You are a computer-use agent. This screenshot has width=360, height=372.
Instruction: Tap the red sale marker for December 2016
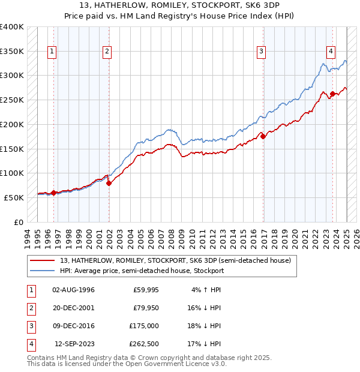pyautogui.click(x=263, y=136)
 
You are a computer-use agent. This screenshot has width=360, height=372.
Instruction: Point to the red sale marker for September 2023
pyautogui.click(x=332, y=94)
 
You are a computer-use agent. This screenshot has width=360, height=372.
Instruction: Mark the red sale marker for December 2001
pyautogui.click(x=109, y=183)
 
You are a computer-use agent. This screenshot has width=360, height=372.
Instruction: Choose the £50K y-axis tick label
pyautogui.click(x=14, y=197)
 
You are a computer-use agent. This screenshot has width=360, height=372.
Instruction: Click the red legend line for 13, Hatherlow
pyautogui.click(x=43, y=260)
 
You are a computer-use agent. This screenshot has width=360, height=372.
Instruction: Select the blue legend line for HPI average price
pyautogui.click(x=43, y=271)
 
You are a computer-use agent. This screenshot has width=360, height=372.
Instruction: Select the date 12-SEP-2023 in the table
pyautogui.click(x=75, y=344)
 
